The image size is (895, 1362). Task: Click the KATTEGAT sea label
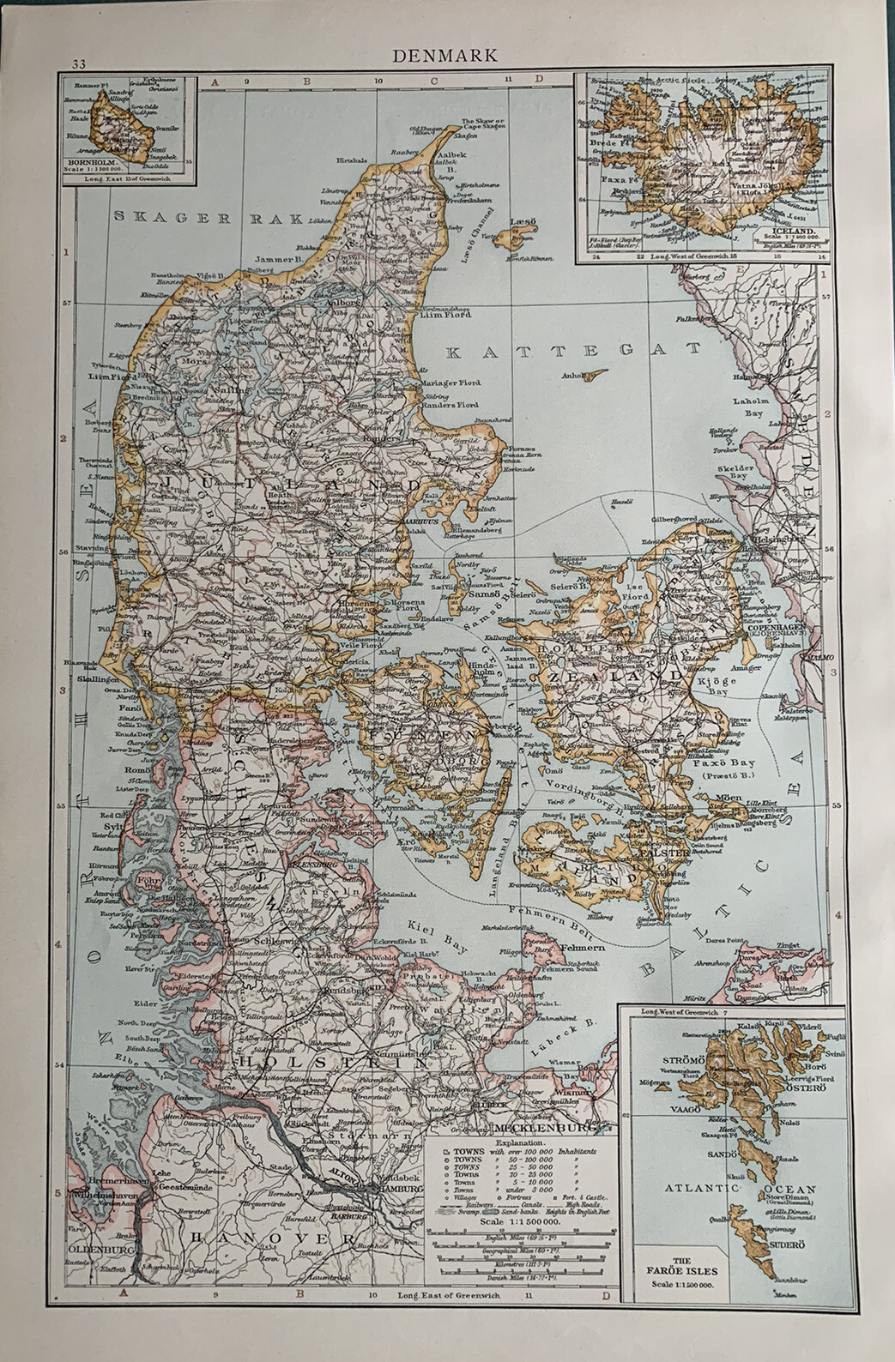coord(573,351)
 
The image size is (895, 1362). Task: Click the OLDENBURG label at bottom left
coord(96,1241)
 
